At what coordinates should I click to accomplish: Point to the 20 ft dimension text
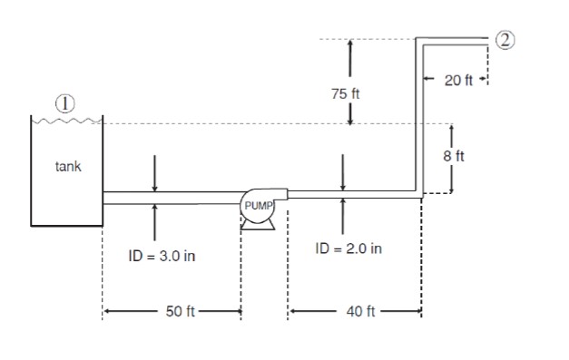tap(459, 81)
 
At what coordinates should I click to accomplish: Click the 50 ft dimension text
tap(181, 312)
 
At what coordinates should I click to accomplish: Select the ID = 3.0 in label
tap(162, 257)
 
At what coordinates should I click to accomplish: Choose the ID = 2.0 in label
tap(348, 248)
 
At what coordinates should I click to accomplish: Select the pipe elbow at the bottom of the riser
tap(419, 194)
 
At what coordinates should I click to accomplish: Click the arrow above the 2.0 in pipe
tap(343, 173)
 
